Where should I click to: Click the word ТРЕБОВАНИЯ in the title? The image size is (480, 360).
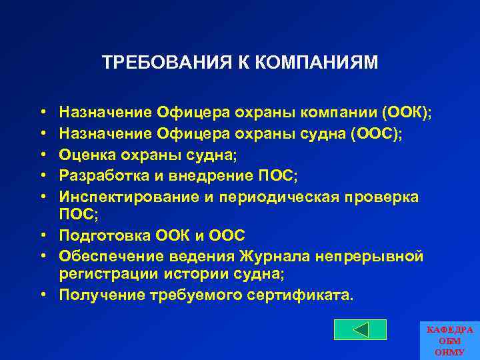point(159,63)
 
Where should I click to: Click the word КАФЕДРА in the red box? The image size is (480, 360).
point(449,329)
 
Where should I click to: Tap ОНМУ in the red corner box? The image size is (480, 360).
point(449,351)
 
